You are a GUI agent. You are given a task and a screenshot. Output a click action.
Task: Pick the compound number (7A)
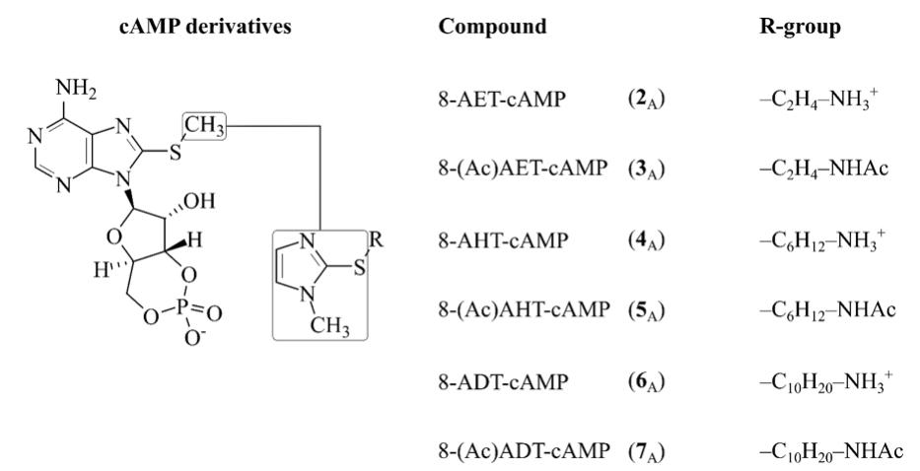[648, 452]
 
